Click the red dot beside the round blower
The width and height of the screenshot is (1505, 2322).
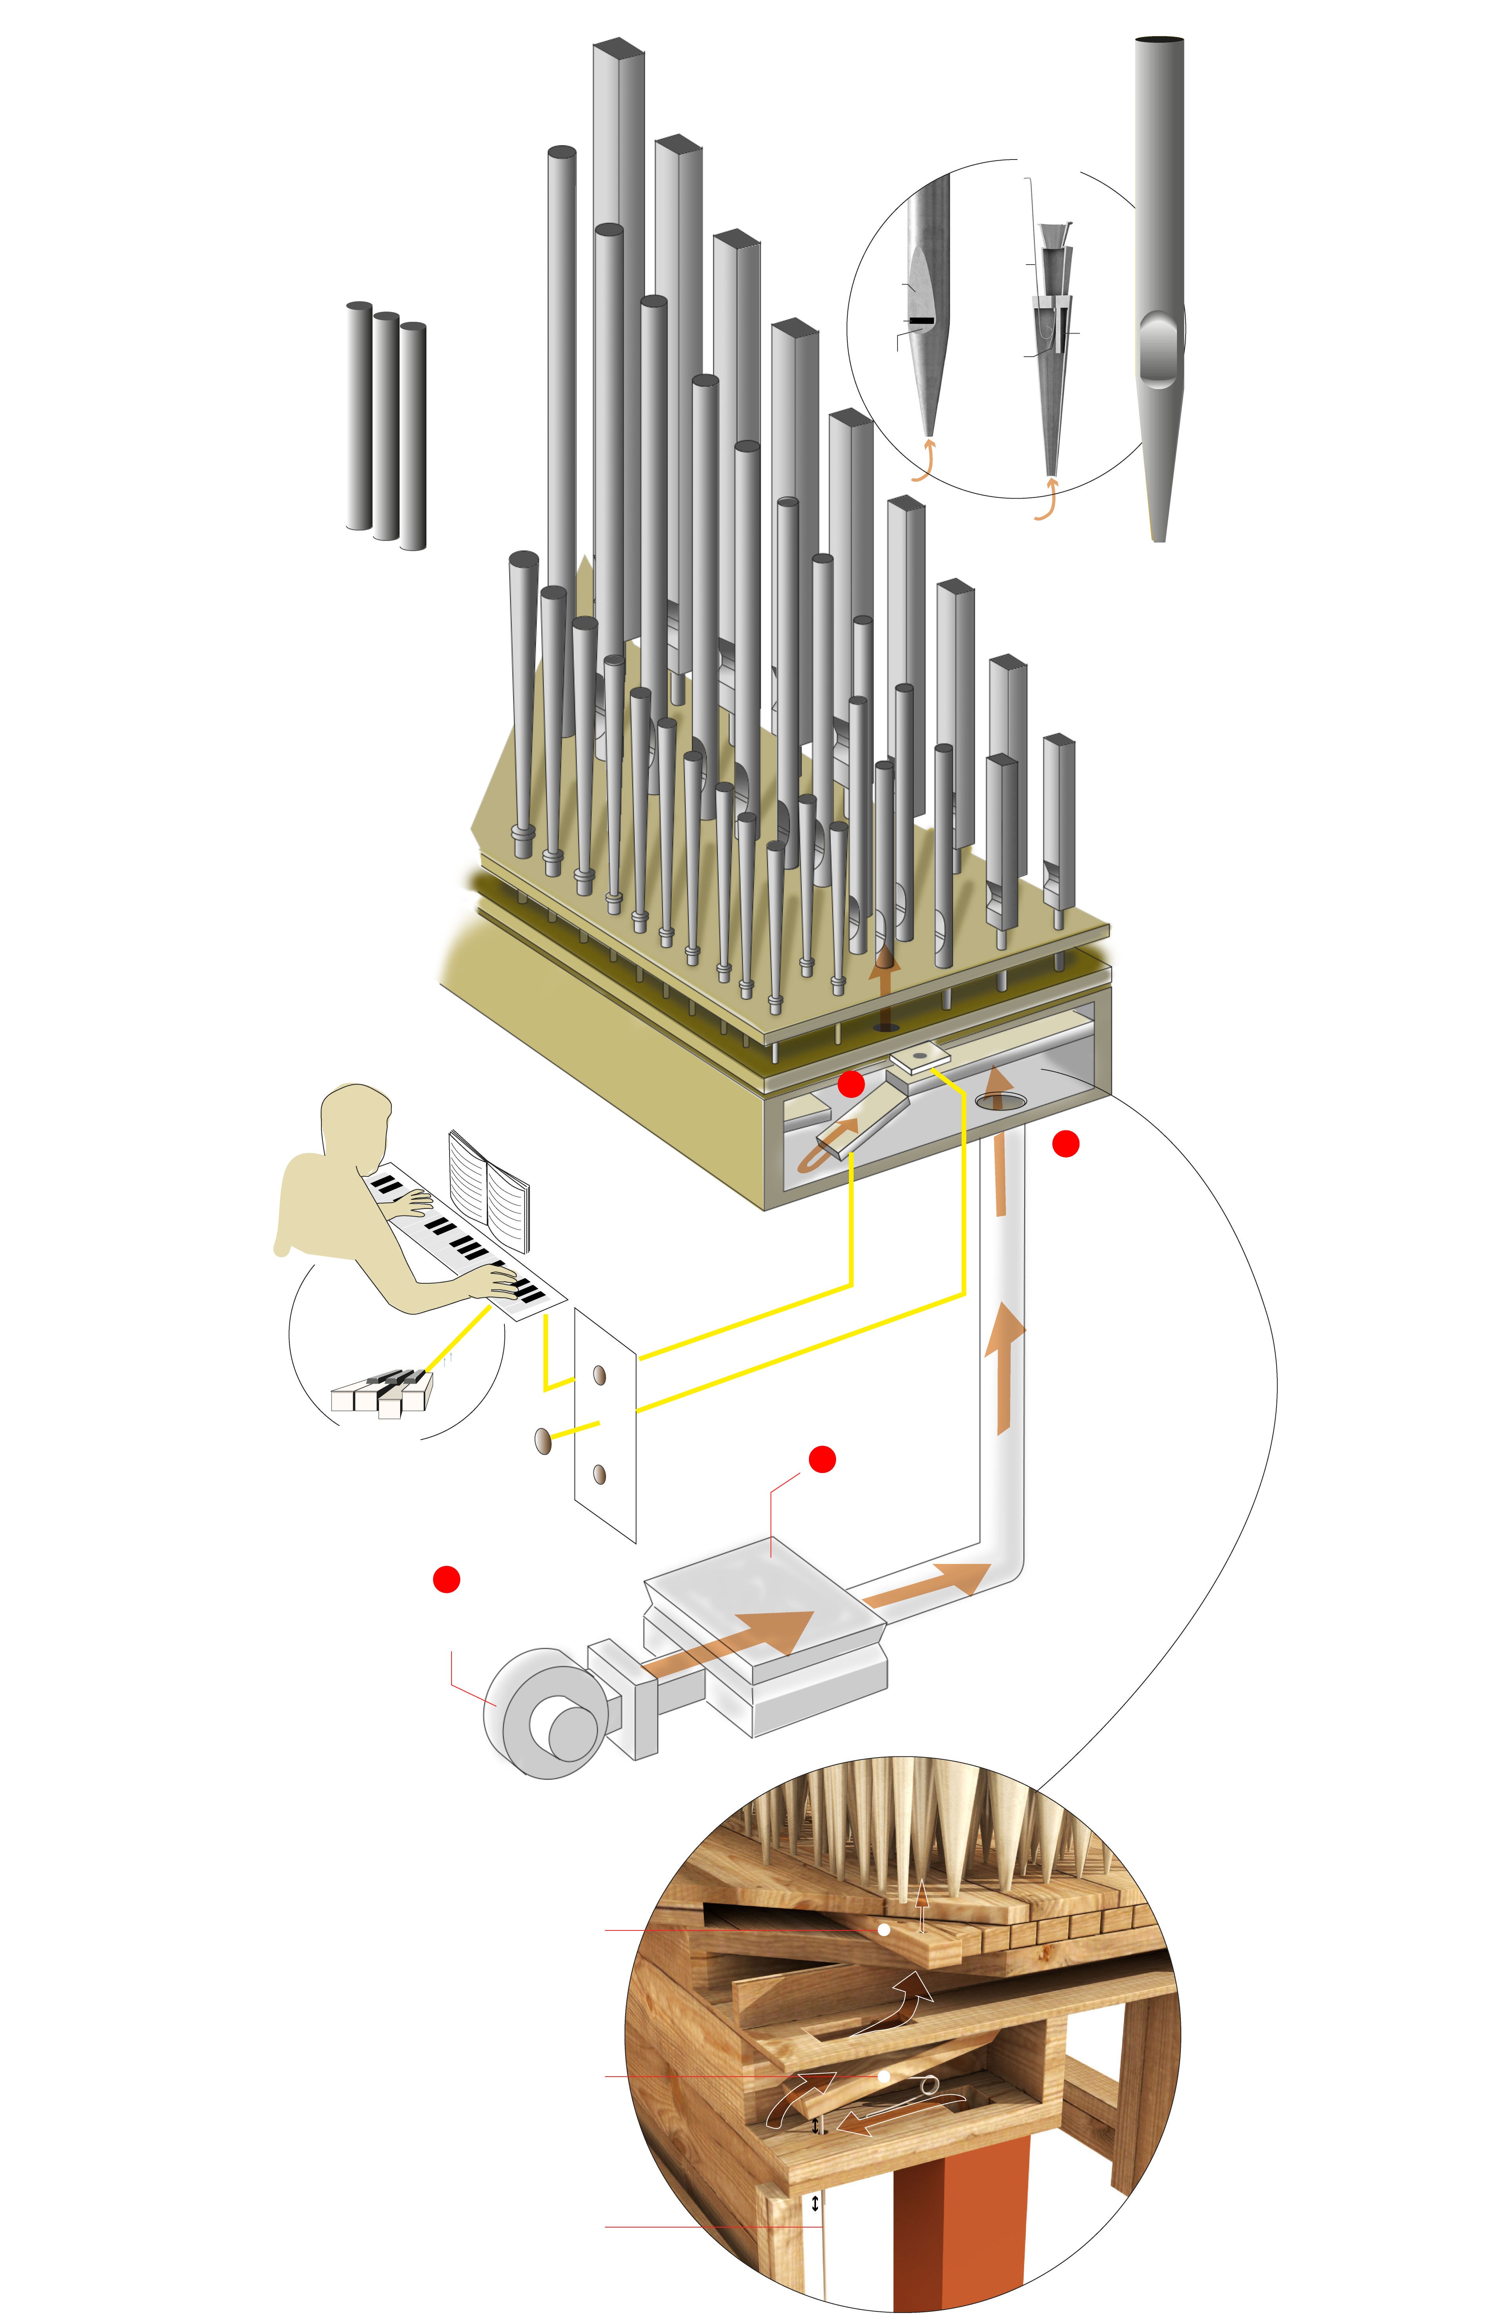[446, 1578]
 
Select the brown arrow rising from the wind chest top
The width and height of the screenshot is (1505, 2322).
[884, 976]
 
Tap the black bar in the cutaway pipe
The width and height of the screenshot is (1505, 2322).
[922, 320]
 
